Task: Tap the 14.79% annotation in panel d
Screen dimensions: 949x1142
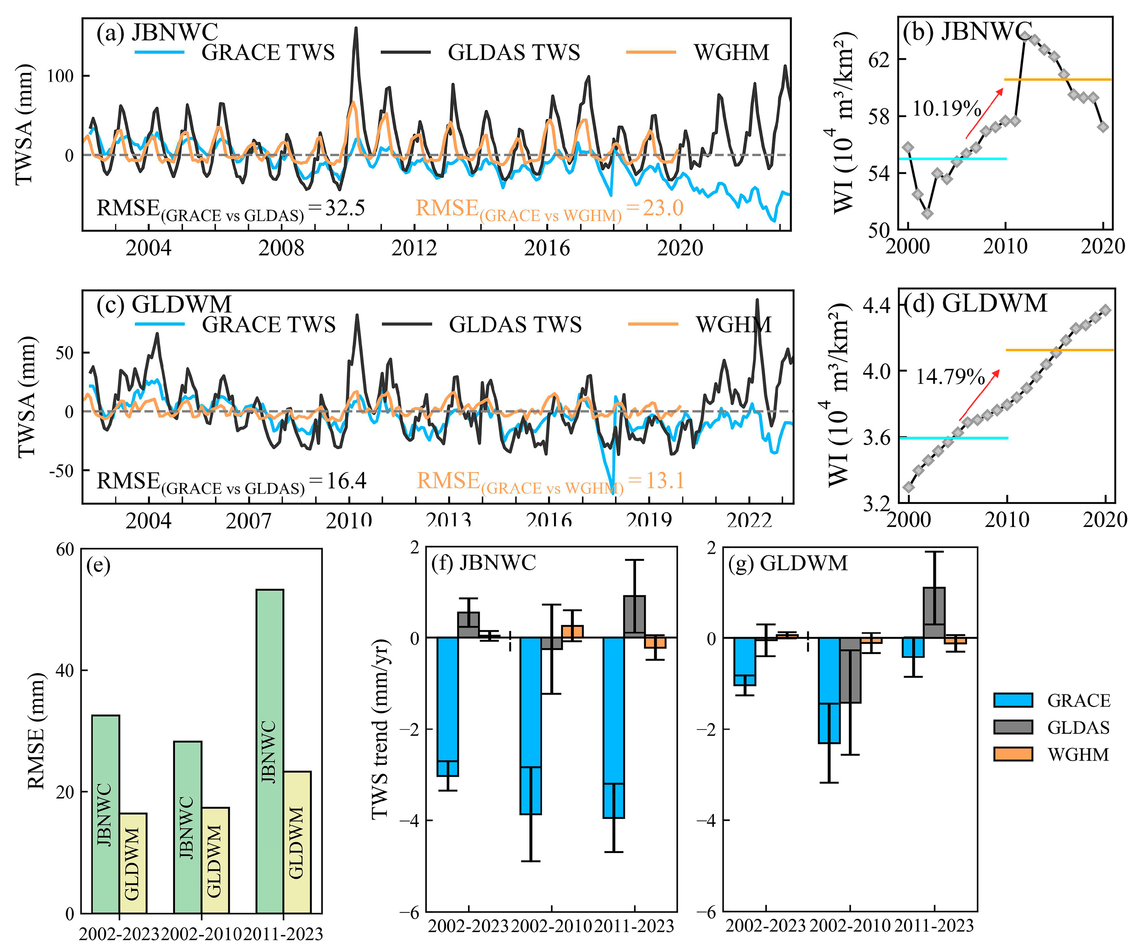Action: point(950,376)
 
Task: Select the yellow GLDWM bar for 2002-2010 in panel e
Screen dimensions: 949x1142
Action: point(215,860)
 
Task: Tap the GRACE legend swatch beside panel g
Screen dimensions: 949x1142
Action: point(1013,700)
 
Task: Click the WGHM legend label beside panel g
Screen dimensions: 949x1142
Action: point(1078,755)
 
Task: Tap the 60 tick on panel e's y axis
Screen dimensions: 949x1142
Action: point(65,550)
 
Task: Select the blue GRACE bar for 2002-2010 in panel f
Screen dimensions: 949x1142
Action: point(531,725)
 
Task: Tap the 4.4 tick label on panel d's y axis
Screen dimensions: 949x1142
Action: point(877,305)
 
